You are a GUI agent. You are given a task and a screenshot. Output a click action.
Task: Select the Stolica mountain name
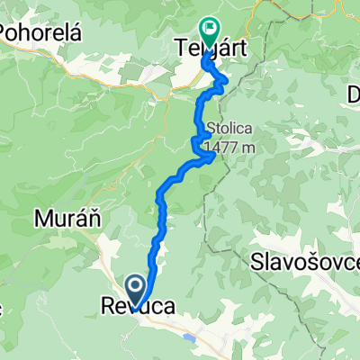pos(229,127)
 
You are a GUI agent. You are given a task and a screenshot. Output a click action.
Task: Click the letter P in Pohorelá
pos(6,32)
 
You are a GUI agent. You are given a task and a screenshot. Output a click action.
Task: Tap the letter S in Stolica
pos(211,127)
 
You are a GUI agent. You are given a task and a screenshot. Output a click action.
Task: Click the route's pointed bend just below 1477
pos(212,157)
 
